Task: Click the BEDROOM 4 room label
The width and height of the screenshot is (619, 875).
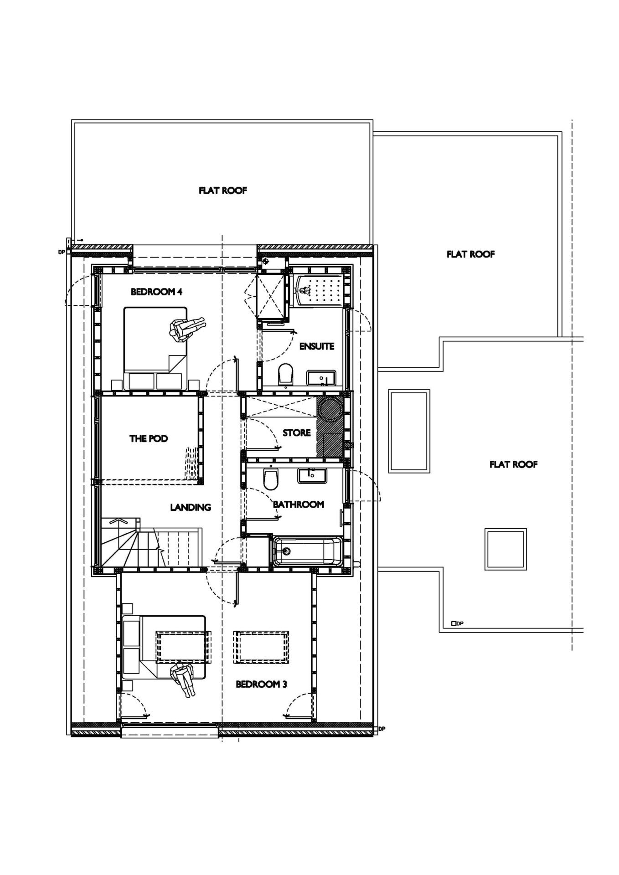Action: tap(156, 292)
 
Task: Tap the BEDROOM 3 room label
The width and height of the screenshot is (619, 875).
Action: tap(261, 684)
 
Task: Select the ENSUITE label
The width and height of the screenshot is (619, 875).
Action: tap(317, 346)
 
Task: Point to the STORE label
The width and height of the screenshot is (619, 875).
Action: tap(297, 432)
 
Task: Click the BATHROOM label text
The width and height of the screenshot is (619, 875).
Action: tap(299, 504)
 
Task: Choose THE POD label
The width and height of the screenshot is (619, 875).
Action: tap(149, 439)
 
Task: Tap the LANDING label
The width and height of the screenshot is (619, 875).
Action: tap(191, 507)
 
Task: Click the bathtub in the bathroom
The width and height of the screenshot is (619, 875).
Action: tap(306, 551)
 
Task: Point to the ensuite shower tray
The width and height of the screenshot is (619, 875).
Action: tap(318, 290)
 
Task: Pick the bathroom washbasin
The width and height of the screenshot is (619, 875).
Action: tap(312, 475)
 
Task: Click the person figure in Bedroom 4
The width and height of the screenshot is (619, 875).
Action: tap(186, 329)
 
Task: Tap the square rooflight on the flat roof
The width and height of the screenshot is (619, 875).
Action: tap(506, 549)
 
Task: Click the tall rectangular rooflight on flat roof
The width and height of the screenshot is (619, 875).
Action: tap(409, 431)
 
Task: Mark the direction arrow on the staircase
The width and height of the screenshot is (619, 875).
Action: tap(118, 520)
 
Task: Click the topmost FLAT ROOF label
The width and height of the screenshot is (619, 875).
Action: tap(223, 190)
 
